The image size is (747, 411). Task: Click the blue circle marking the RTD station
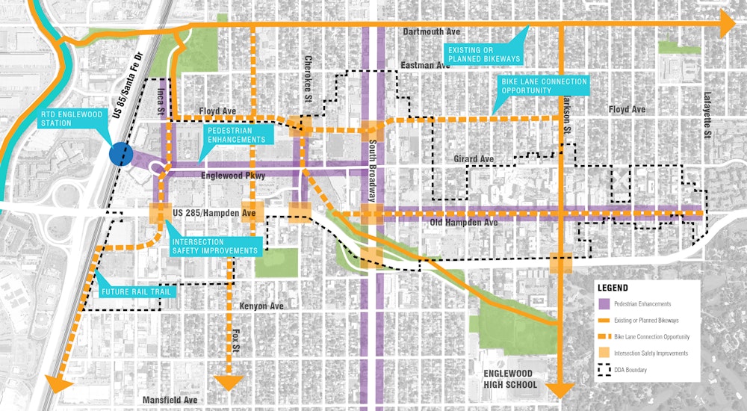(120, 154)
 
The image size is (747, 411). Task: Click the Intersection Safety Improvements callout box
(215, 246)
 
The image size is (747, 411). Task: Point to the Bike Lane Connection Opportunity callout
(543, 85)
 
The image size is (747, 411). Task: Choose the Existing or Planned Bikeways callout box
(483, 53)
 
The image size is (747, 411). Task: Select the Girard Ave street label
(474, 159)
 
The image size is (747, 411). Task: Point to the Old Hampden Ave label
(464, 223)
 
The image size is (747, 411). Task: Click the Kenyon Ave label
(261, 306)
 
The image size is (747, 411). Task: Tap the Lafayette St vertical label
(707, 116)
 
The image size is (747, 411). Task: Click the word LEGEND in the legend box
(613, 288)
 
